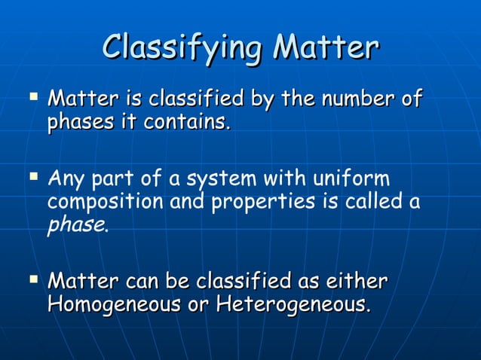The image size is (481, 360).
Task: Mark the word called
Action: tap(372, 202)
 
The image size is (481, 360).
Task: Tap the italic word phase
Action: tap(77, 224)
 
